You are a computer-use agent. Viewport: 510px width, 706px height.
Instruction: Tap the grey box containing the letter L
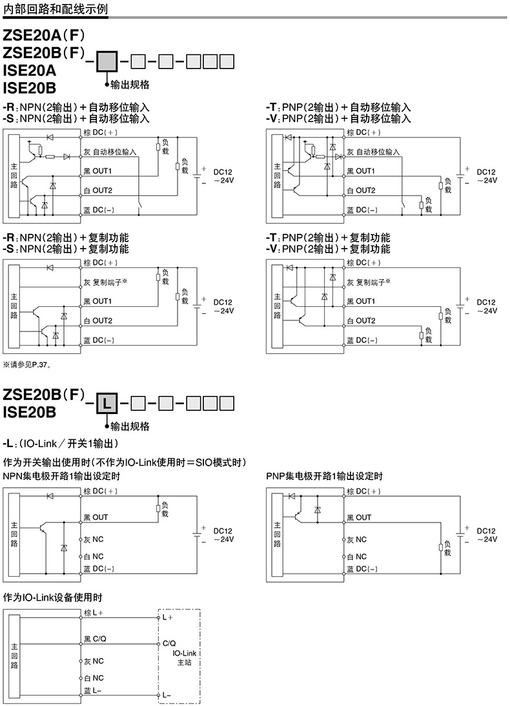[x=107, y=406]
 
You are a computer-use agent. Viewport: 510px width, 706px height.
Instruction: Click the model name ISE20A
[x=30, y=70]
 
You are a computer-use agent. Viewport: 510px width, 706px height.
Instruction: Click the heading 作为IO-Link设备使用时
[x=53, y=597]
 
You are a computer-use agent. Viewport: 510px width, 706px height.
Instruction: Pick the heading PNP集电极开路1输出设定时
[x=324, y=476]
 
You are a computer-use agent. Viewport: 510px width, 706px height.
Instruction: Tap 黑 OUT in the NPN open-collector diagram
[x=96, y=517]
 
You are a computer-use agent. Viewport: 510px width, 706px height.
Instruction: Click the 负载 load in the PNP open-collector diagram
[x=445, y=548]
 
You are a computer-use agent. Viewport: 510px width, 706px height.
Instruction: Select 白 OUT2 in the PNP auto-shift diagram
[x=361, y=191]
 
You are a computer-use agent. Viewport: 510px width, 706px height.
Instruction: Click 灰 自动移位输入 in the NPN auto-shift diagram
[x=110, y=152]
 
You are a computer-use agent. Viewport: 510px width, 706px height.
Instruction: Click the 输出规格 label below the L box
[x=130, y=426]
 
